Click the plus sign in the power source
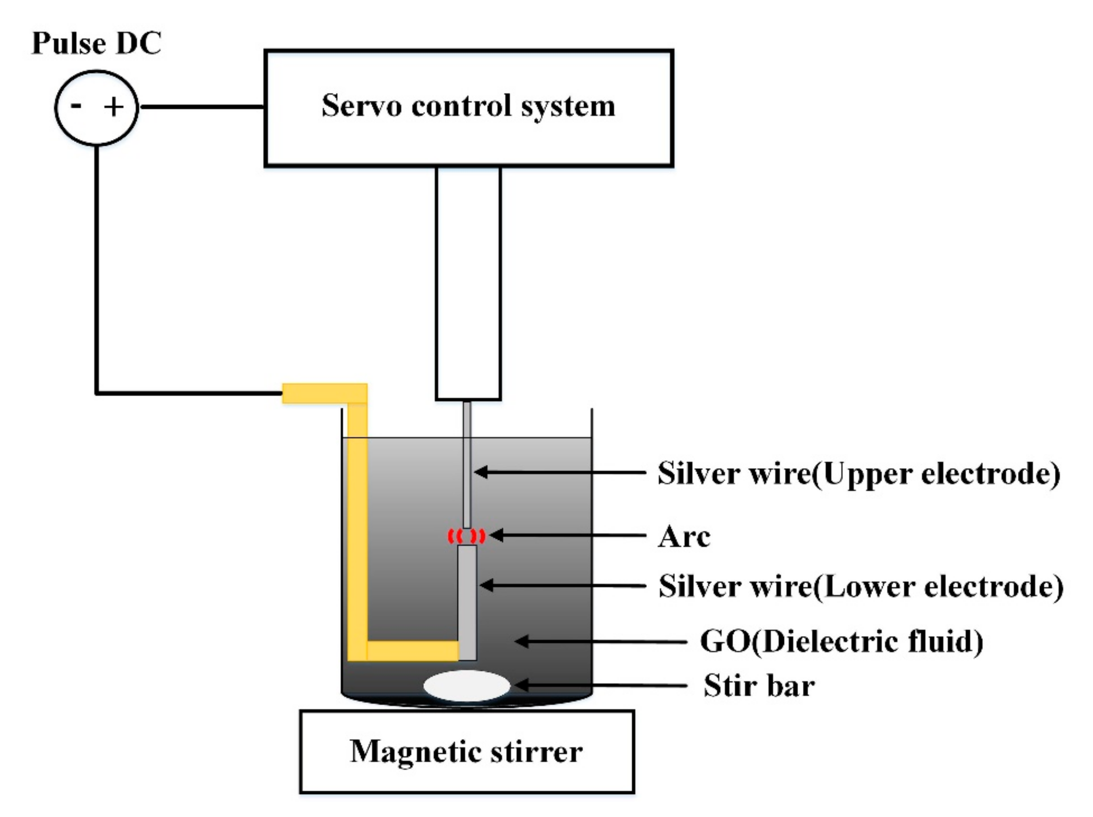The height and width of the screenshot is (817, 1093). click(114, 107)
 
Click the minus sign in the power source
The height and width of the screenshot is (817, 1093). click(76, 105)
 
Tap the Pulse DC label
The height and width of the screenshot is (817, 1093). click(96, 43)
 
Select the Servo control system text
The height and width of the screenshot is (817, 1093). click(468, 106)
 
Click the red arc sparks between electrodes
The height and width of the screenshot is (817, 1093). click(466, 536)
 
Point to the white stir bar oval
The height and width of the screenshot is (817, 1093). click(466, 686)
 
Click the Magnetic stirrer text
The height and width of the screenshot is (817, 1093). click(466, 752)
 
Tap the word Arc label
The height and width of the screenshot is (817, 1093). click(684, 536)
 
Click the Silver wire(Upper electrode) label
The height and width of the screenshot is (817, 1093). click(859, 473)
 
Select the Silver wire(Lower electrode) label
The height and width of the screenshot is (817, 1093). click(861, 586)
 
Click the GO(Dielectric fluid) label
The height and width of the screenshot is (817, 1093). click(841, 641)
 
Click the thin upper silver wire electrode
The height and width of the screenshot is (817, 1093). click(467, 464)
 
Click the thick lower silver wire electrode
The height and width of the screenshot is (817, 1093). click(467, 603)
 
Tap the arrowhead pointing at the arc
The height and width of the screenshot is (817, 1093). click(496, 535)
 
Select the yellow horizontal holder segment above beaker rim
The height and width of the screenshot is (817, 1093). click(324, 393)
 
